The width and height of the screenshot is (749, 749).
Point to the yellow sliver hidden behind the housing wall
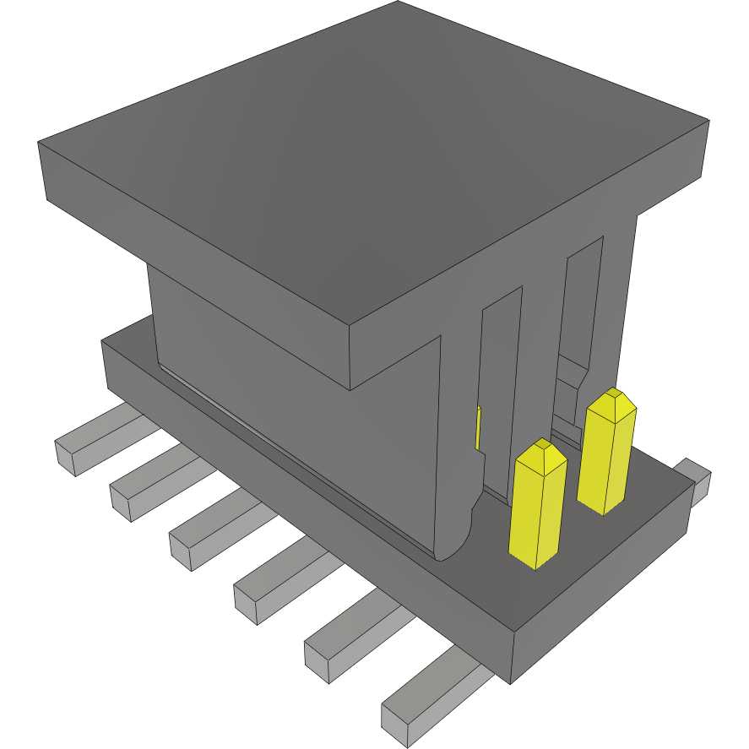[x=478, y=427]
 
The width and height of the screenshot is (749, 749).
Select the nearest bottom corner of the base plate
[x=511, y=681]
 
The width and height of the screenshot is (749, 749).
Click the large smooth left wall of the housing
[x=296, y=405]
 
